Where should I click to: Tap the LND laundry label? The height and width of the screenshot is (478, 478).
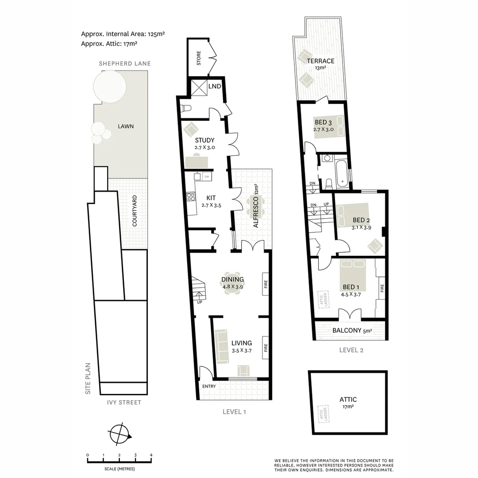(x=215, y=86)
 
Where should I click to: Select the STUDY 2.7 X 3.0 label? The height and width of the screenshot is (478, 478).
(x=204, y=144)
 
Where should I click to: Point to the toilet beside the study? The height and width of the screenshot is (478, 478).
(x=186, y=108)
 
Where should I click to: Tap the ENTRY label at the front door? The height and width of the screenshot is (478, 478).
(x=209, y=386)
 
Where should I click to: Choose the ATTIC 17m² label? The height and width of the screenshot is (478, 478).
(x=348, y=402)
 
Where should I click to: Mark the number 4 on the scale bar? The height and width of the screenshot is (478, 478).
(x=151, y=455)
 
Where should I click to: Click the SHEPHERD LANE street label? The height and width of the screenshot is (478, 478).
(x=124, y=63)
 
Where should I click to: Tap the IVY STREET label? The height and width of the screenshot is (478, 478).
(x=124, y=402)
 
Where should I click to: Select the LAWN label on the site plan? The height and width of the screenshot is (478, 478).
(x=126, y=126)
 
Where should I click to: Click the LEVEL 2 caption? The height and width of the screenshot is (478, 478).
(x=351, y=350)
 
